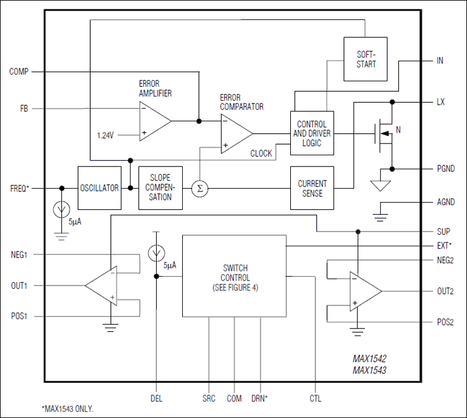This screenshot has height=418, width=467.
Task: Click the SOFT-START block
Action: point(366,59)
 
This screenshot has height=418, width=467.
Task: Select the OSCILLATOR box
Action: point(99,188)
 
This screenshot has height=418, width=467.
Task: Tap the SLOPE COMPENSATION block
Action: point(161,188)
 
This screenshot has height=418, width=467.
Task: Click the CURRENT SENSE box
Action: point(312,188)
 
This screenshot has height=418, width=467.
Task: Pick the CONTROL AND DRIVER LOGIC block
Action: point(312,133)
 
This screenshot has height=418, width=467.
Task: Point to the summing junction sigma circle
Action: point(199,189)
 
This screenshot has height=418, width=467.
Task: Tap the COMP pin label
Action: point(19,71)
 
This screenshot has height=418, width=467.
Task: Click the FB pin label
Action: point(22,109)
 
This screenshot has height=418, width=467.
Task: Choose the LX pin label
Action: point(440,102)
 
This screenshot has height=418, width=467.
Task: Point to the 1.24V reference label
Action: point(105,135)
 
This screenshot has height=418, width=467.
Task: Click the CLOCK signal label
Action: point(261,153)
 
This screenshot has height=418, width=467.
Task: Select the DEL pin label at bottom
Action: point(156,398)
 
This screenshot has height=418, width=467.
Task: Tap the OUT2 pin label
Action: point(445,291)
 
